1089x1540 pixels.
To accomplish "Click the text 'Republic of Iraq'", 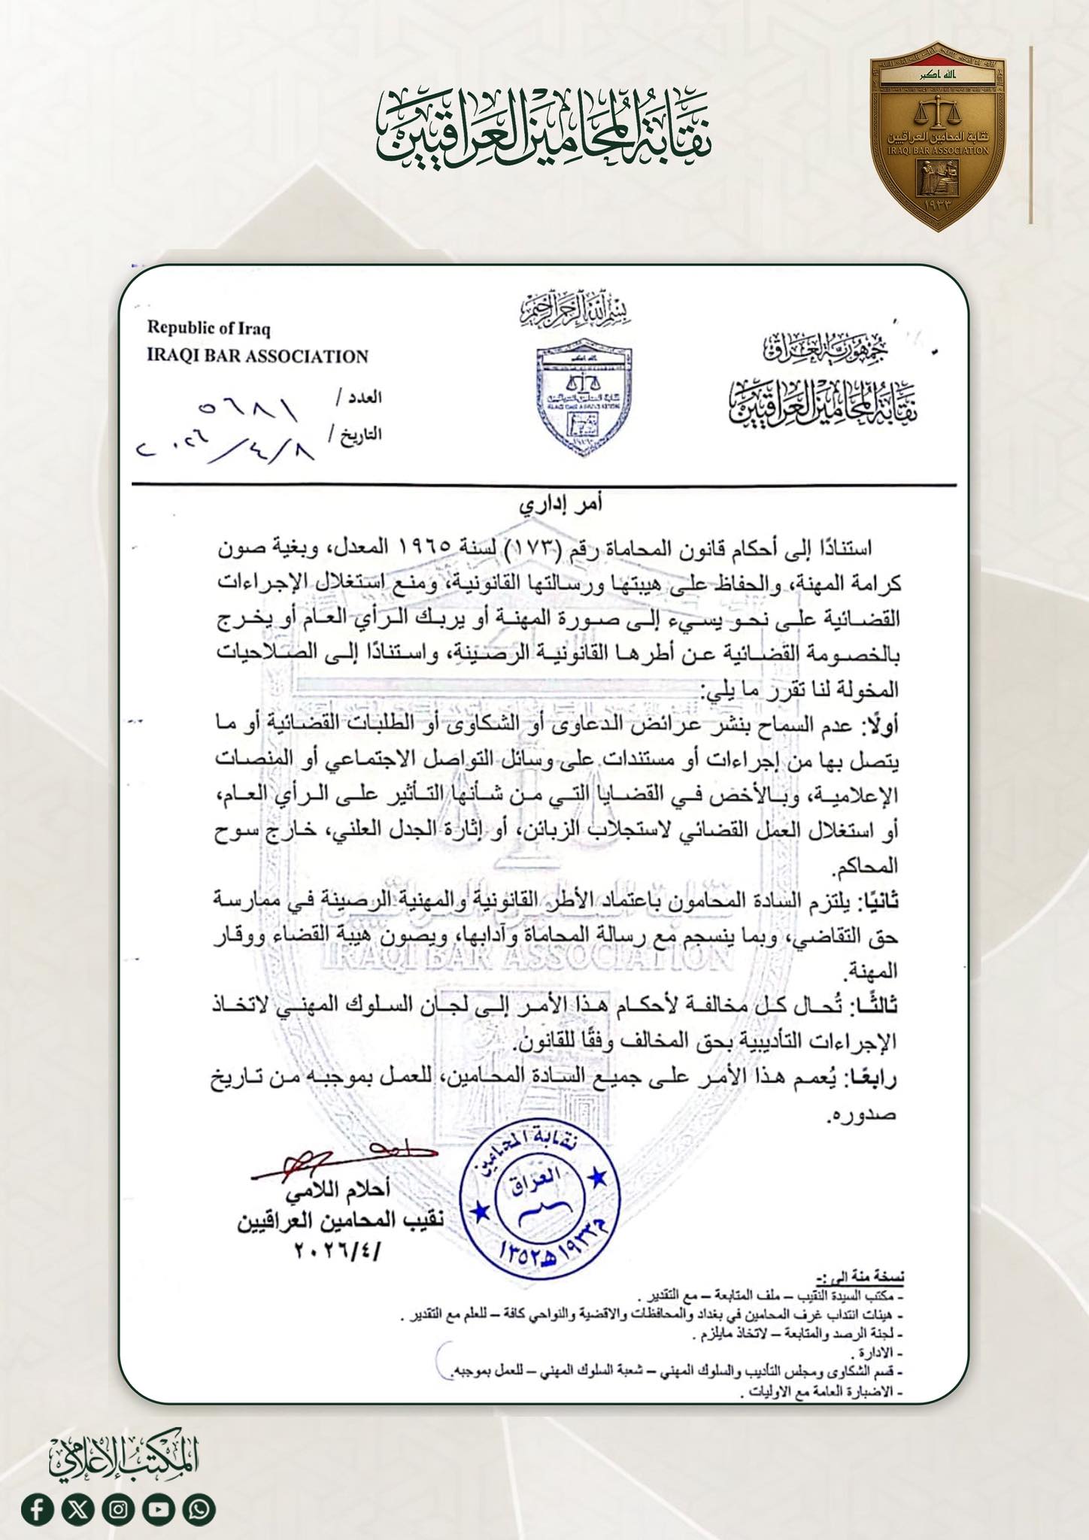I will coord(208,329).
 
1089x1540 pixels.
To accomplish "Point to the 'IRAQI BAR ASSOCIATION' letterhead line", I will coord(257,356).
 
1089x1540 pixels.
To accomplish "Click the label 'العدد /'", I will coord(359,398).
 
